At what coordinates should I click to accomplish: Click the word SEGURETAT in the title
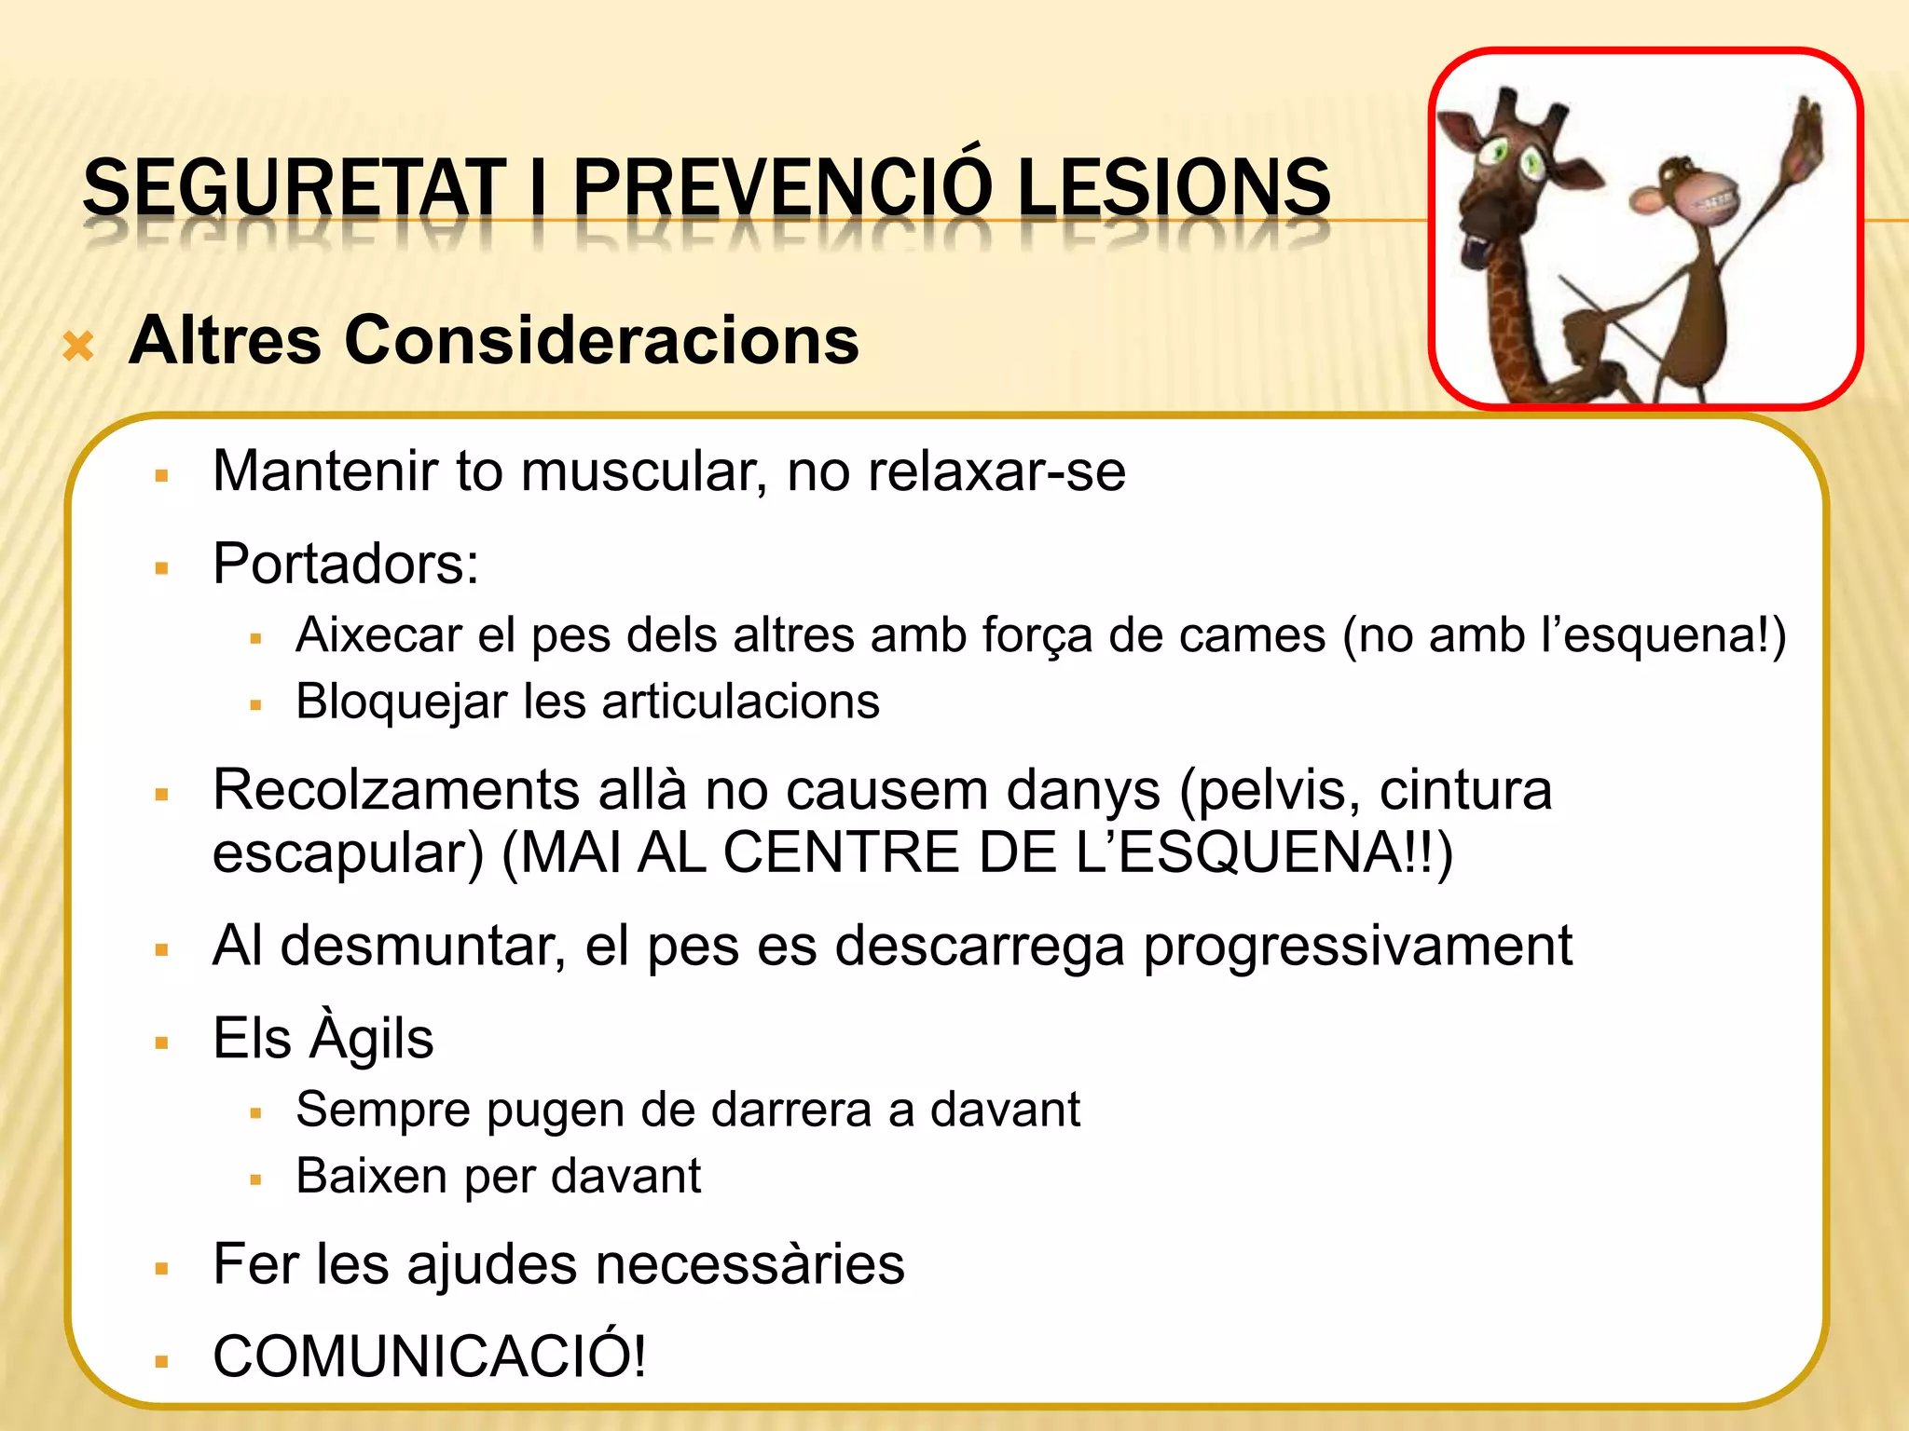pyautogui.click(x=294, y=187)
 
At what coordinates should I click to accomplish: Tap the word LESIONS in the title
pyautogui.click(x=1174, y=187)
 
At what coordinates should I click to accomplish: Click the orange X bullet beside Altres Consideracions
pyautogui.click(x=78, y=348)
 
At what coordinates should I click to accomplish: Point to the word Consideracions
pyautogui.click(x=601, y=340)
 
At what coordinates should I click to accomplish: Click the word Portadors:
pyautogui.click(x=346, y=564)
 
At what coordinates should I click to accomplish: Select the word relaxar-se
pyautogui.click(x=996, y=471)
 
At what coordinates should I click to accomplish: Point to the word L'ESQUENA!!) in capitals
pyautogui.click(x=1264, y=852)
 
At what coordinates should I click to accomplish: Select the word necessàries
pyautogui.click(x=749, y=1264)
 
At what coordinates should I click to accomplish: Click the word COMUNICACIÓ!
pyautogui.click(x=430, y=1356)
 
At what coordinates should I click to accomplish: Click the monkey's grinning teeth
pyautogui.click(x=1716, y=204)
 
